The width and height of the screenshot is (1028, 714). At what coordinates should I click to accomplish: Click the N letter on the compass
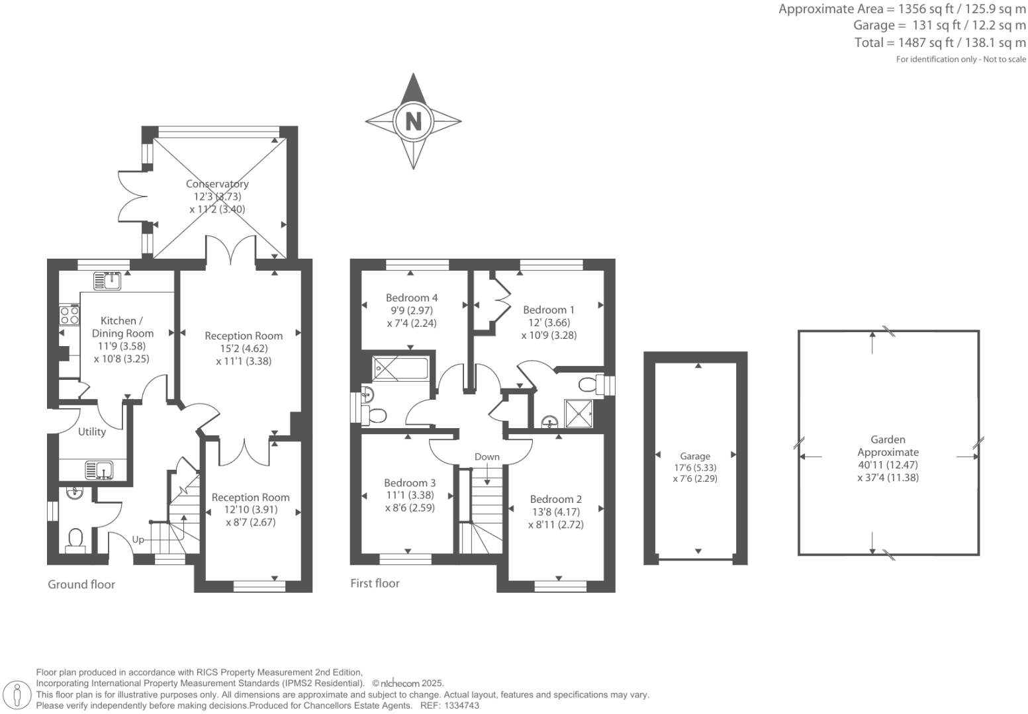point(413,121)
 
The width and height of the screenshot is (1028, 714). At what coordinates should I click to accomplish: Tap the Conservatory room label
point(217,184)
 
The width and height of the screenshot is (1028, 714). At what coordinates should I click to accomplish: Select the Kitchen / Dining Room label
point(122,327)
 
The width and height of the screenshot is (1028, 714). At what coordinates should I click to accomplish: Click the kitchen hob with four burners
point(70,316)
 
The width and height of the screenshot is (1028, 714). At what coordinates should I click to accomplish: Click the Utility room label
point(92,431)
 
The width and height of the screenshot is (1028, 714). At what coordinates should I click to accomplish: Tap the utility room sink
point(99,470)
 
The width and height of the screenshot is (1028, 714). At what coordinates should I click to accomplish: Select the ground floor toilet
point(75,539)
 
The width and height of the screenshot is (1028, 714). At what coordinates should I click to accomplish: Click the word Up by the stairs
point(138,539)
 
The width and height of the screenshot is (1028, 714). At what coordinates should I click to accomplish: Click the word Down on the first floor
point(487,457)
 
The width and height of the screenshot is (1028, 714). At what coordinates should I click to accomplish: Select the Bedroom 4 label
point(412,298)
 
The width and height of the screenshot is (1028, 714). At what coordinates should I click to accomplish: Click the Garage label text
point(695,456)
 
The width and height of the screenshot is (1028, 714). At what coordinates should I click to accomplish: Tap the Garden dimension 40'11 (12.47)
point(888,465)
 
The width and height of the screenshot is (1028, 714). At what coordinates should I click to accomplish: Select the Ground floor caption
point(81,584)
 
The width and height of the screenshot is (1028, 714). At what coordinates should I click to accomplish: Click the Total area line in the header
point(940,43)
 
